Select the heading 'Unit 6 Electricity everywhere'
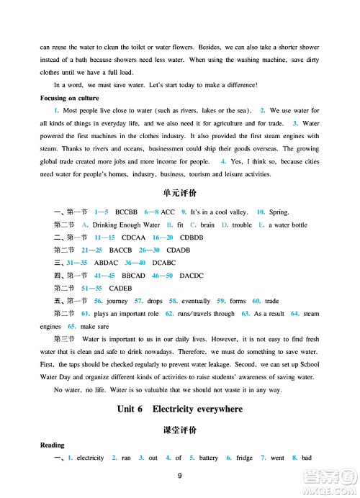pyautogui.click(x=180, y=409)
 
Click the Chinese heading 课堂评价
pyautogui.click(x=180, y=430)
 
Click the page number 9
pyautogui.click(x=180, y=475)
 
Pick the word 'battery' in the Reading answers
pyautogui.click(x=208, y=458)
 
